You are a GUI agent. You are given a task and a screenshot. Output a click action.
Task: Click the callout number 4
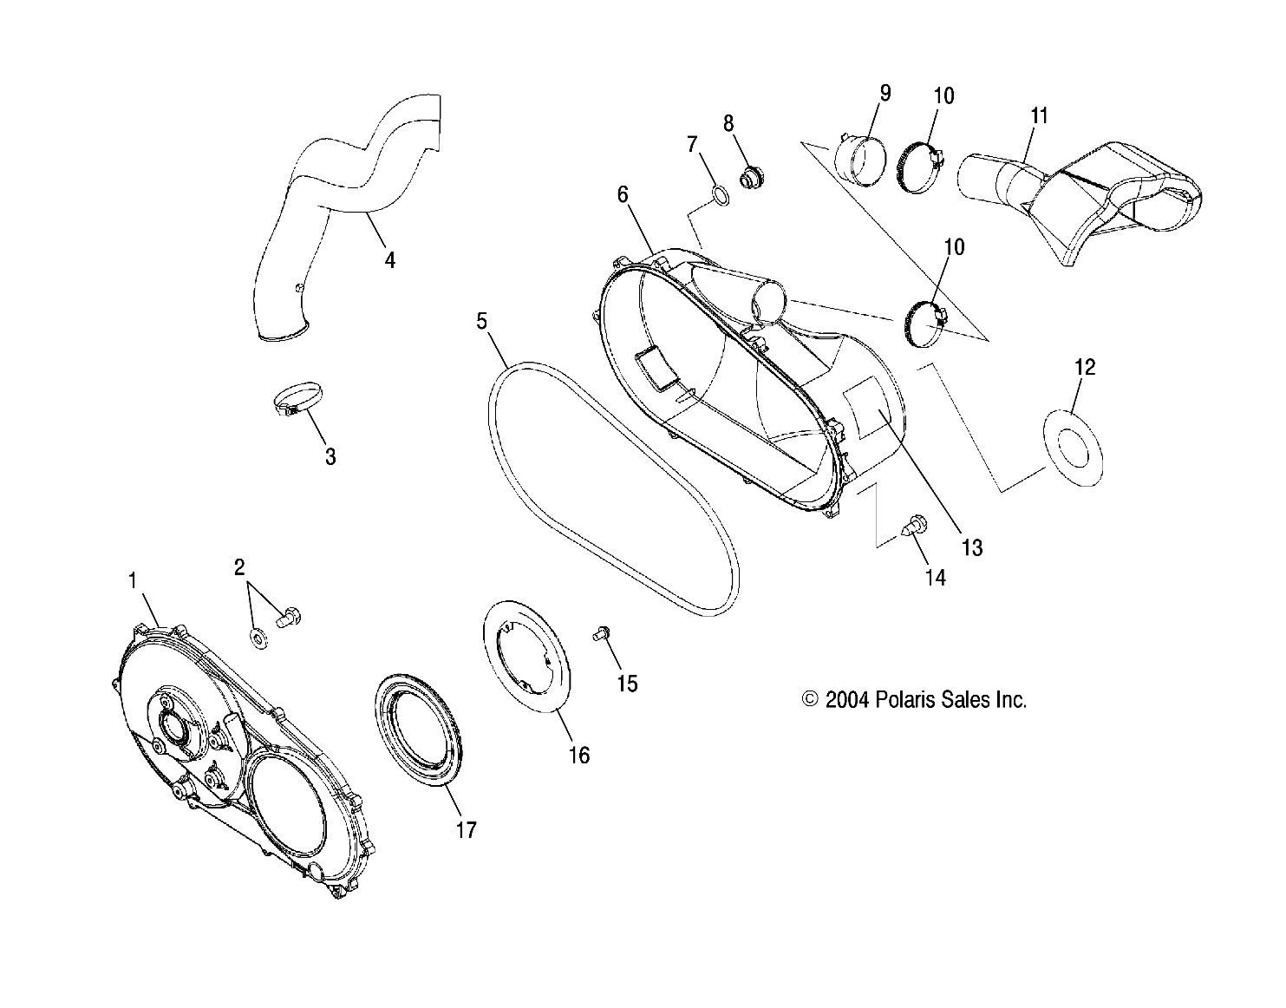point(390,259)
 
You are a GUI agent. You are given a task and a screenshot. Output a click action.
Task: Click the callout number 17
point(466,830)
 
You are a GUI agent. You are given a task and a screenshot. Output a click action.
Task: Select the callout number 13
point(972,547)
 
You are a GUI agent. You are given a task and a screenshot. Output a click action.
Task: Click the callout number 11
point(1040,115)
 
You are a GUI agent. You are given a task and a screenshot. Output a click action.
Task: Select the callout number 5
point(481,321)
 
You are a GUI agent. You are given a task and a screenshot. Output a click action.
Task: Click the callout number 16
point(578,756)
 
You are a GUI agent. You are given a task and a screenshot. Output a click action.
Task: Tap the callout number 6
point(623,194)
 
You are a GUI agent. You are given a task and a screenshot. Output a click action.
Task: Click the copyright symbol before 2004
point(810,700)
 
